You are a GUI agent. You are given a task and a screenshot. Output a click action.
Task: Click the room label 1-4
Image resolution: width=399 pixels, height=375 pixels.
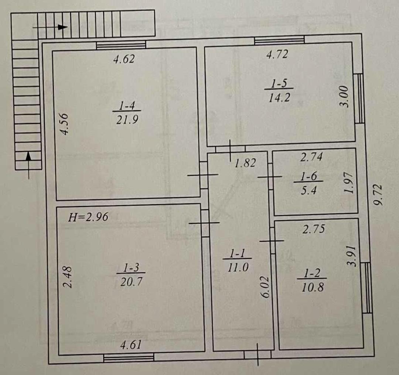pos(127,105)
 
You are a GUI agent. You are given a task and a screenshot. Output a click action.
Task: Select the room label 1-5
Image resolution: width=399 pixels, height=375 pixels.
pos(279,83)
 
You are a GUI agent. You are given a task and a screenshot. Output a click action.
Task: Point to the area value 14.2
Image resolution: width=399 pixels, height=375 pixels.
pos(279,97)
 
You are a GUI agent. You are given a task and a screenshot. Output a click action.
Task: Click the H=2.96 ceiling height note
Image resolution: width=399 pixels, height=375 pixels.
pos(88,217)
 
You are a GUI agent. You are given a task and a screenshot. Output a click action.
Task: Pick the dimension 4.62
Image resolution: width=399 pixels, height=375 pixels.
pos(124,59)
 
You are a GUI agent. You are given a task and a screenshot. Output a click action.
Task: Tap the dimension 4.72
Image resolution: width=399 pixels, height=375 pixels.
pos(277,54)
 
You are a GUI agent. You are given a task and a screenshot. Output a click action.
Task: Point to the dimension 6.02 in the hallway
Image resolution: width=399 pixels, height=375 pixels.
pos(265,287)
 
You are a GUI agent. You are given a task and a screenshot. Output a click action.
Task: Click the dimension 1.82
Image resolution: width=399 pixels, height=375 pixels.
pos(245,163)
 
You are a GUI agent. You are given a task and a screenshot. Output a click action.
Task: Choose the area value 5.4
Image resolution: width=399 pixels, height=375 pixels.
pos(308,190)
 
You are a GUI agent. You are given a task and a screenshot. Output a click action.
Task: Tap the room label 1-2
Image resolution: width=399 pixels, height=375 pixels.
pos(312,274)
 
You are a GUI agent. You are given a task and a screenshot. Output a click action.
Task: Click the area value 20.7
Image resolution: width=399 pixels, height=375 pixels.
pos(131,282)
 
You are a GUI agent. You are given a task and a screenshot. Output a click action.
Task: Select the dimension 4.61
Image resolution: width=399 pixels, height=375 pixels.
pos(131,345)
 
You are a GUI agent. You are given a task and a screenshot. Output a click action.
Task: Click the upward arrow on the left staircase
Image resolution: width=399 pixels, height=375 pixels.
pos(29,165)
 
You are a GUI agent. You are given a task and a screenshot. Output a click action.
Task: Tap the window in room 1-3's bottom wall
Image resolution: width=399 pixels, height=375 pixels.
pos(129,358)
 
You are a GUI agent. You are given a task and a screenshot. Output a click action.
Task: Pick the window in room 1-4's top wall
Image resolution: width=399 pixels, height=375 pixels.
pos(121,45)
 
